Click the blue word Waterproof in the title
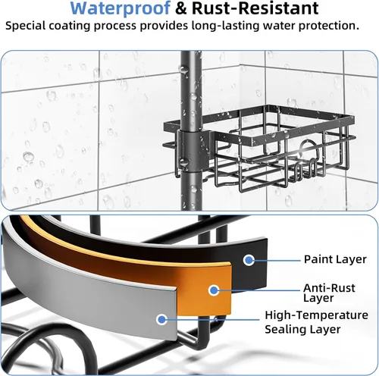[x=121, y=8]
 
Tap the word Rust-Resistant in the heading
[x=255, y=8]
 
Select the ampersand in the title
[x=181, y=8]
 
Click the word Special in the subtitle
[x=24, y=26]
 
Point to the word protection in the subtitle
[x=329, y=26]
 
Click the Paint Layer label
[x=335, y=260]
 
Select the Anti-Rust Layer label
[x=329, y=293]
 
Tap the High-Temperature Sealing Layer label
[x=316, y=322]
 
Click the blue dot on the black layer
[x=249, y=260]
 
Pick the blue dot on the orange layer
[x=214, y=290]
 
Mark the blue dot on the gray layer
[x=161, y=320]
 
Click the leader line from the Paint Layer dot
[x=277, y=260]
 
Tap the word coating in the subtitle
[x=67, y=26]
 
